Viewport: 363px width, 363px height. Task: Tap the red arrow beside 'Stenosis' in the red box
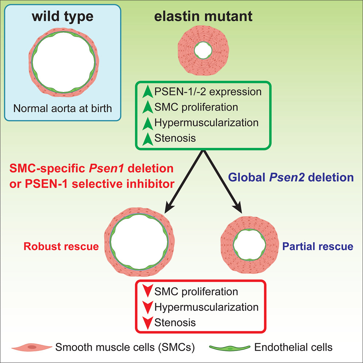147,323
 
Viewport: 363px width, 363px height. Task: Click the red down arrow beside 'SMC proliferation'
147,292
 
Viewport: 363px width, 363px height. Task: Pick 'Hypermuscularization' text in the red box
206,307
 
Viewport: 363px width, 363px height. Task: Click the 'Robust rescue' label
61,246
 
